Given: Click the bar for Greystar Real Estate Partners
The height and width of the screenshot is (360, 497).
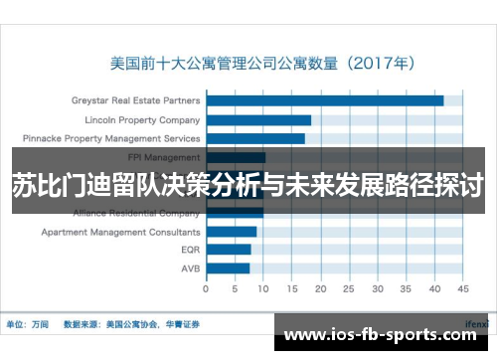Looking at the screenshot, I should [325, 99].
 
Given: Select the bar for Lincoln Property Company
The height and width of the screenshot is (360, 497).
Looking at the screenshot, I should [258, 119].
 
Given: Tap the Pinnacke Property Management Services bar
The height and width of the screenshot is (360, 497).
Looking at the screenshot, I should [255, 138].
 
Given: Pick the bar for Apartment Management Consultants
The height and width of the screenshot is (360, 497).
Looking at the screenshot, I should [232, 232].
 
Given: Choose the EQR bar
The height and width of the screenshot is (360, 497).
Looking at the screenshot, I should [229, 250].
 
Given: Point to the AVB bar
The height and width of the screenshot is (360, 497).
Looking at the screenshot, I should [228, 269].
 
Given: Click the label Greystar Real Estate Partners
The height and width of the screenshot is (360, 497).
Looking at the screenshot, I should [136, 100].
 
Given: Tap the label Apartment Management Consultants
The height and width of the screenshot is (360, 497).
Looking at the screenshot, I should [120, 232].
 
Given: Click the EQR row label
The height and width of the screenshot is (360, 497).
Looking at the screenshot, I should [191, 250].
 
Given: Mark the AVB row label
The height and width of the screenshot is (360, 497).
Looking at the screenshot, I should [191, 269].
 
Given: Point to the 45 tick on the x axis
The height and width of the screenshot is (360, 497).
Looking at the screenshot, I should [462, 289].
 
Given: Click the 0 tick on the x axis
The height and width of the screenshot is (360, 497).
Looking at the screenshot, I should [206, 289].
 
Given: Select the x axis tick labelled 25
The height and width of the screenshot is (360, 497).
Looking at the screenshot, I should [348, 289].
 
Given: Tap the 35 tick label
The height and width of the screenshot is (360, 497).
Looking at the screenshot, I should [405, 289].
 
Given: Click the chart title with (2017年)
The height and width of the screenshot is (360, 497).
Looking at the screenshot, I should [261, 62].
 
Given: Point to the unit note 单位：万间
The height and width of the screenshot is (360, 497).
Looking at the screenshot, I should [29, 323].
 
